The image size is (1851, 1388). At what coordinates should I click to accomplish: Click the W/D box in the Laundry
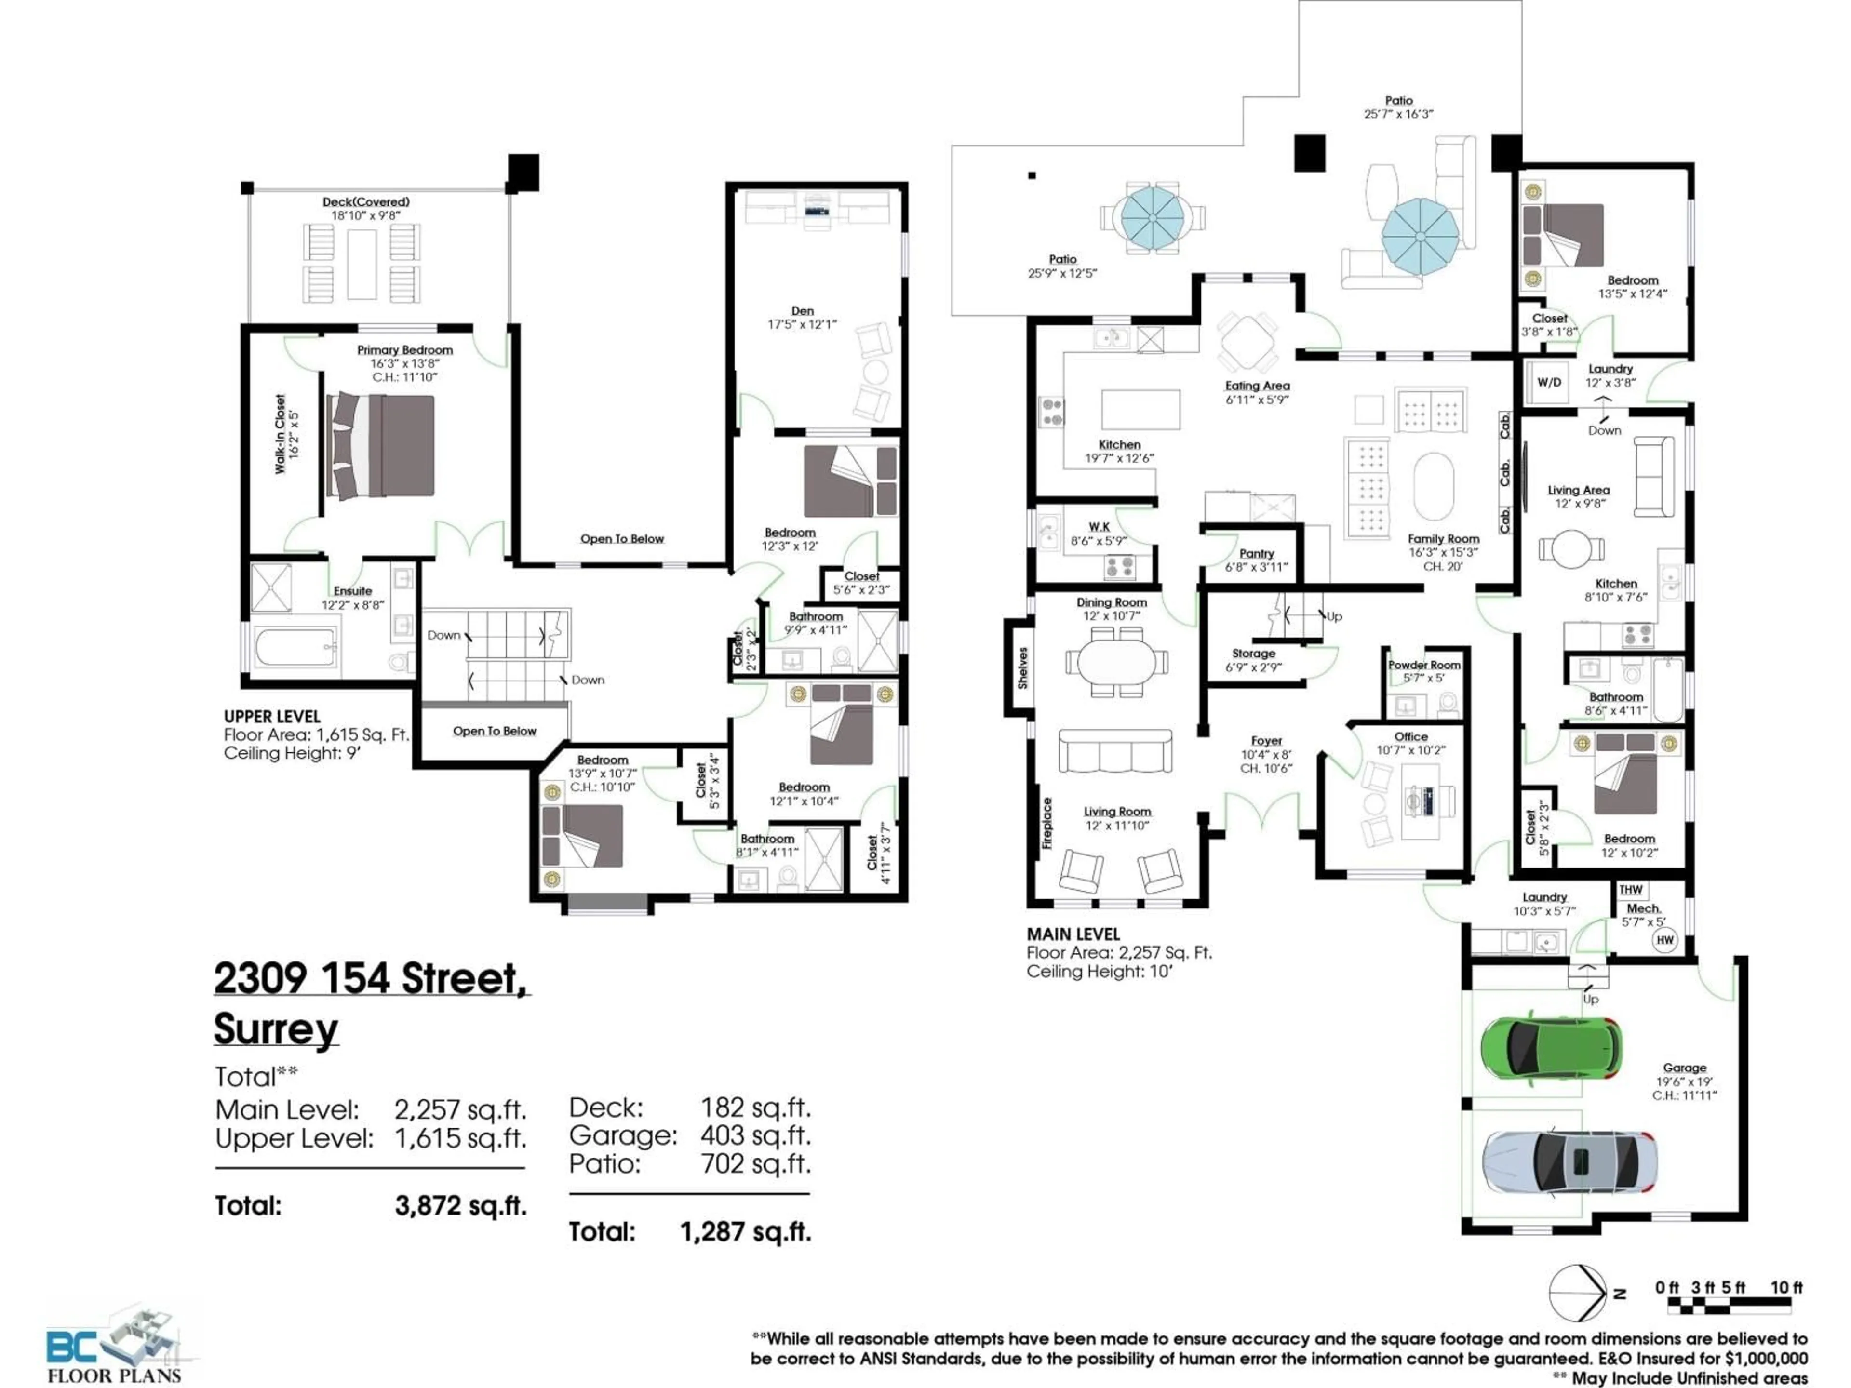click(x=1549, y=382)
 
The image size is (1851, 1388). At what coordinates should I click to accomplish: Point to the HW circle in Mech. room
click(x=1664, y=940)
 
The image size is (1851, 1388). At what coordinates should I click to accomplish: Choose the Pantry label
click(x=1256, y=554)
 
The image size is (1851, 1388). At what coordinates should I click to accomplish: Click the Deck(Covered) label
click(x=366, y=201)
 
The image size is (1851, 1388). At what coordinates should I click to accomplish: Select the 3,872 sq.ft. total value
click(x=460, y=1206)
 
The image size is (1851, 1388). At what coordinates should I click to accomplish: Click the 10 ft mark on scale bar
click(x=1786, y=1288)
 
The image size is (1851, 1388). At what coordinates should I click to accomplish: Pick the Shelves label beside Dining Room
click(x=1022, y=667)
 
